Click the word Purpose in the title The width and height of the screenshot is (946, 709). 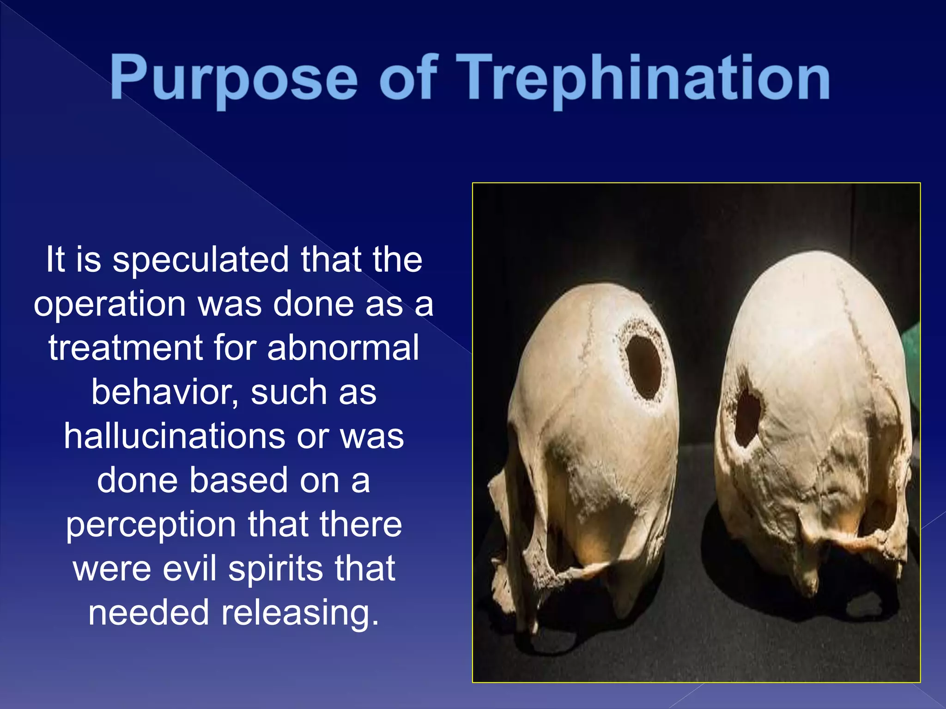pos(233,78)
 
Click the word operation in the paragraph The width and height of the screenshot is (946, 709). pos(110,305)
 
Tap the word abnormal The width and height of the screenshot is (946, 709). pos(343,348)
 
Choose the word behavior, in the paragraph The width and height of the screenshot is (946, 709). pos(164,393)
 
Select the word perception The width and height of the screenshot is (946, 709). pos(151,525)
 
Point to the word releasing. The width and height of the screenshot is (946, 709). pos(300,613)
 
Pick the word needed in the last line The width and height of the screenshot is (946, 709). pos(149,613)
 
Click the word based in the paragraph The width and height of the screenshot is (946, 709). pos(239,481)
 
